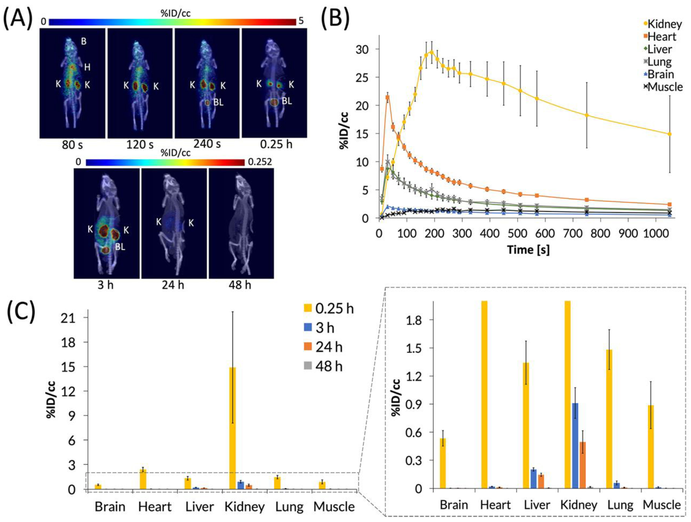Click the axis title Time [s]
(528, 250)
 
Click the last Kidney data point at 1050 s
(669, 134)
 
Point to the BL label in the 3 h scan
(120, 247)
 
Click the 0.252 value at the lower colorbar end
(260, 162)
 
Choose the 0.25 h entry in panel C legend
(334, 309)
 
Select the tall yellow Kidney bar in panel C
(233, 428)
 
